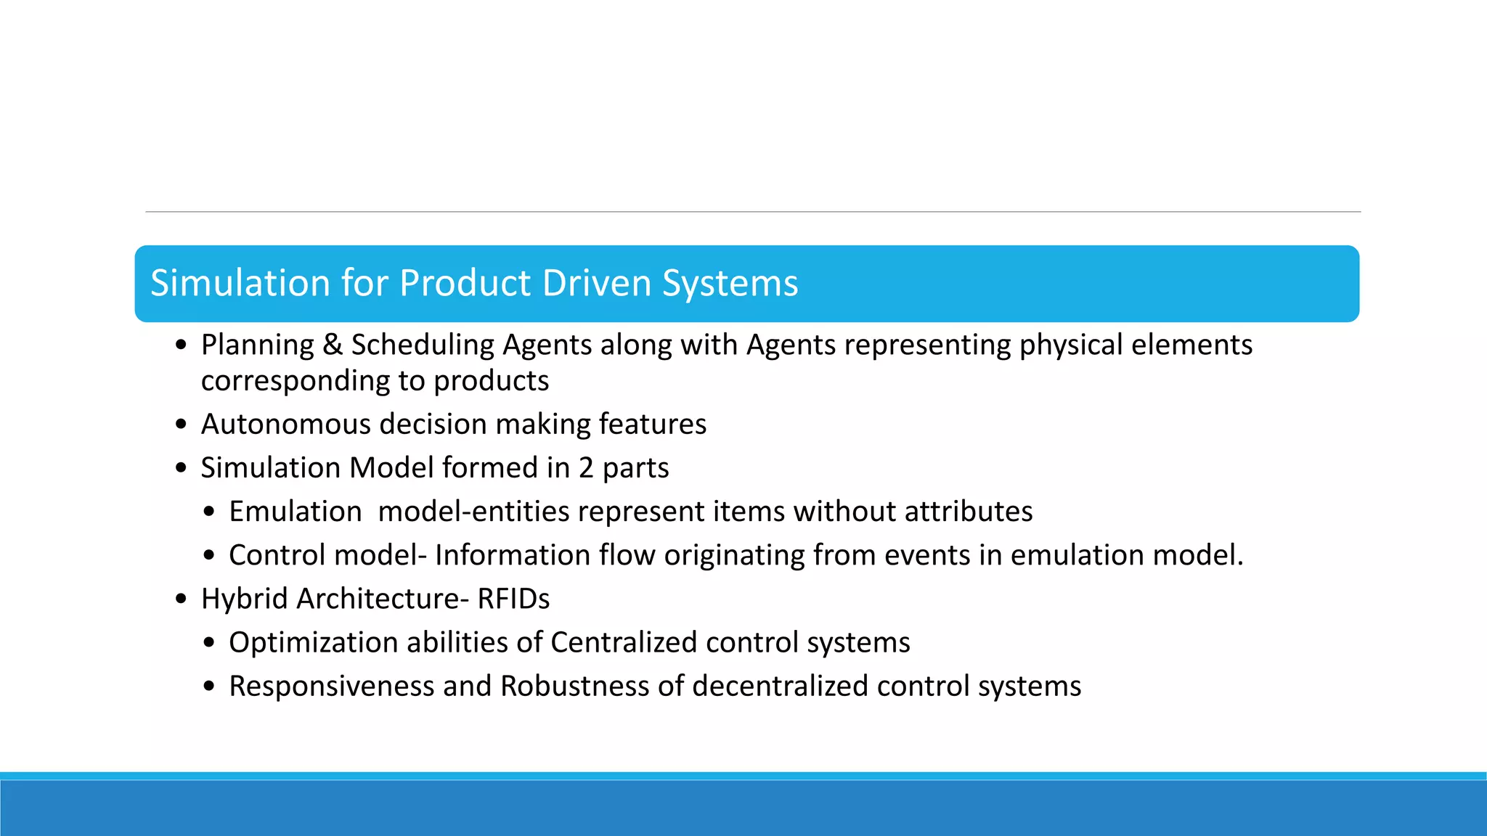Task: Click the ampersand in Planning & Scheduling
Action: (x=333, y=345)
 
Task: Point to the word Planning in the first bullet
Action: (x=257, y=345)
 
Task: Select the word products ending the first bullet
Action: (x=491, y=381)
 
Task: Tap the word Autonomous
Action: (x=285, y=424)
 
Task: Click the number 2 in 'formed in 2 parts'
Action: (x=586, y=468)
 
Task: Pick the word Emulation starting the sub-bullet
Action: (x=295, y=512)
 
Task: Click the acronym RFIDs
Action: (x=513, y=599)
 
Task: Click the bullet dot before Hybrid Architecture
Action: (x=182, y=599)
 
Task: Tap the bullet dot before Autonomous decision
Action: (x=182, y=425)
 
